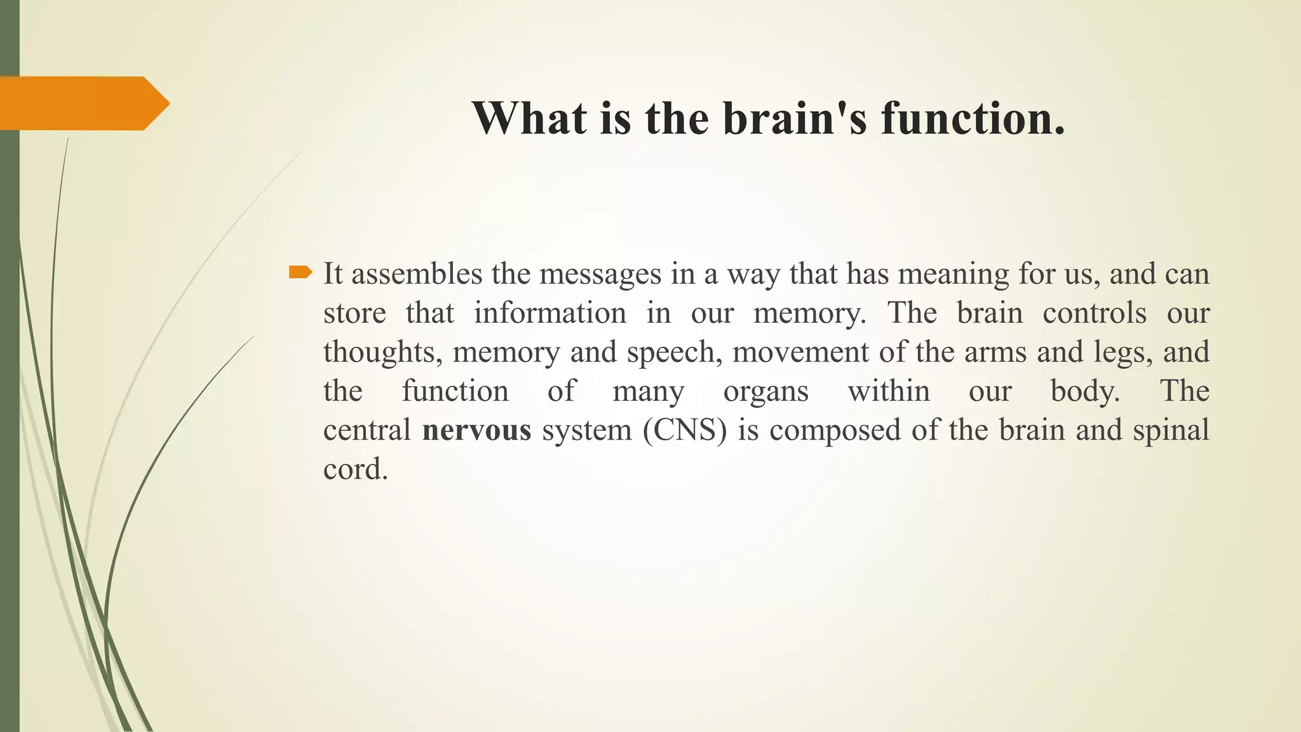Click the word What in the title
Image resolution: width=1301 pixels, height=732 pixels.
[x=529, y=118]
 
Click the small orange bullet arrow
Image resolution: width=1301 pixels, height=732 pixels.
[x=300, y=273]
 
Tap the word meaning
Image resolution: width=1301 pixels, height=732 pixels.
[x=953, y=274]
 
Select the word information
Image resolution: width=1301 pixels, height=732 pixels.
[x=550, y=313]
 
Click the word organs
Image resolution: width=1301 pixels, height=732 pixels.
[x=765, y=391]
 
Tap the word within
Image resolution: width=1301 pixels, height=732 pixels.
[x=889, y=391]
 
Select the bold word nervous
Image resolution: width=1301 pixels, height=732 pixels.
[x=476, y=430]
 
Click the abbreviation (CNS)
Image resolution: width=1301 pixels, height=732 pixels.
[x=684, y=430]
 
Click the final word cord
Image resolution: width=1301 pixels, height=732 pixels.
[x=355, y=470]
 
